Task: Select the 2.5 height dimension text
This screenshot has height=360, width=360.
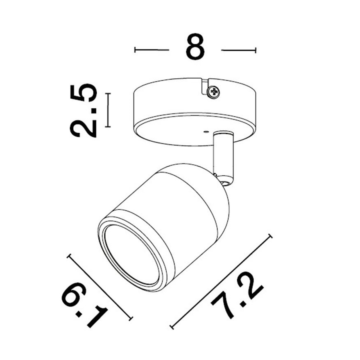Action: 84,110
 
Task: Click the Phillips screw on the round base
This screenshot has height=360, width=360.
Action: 213,92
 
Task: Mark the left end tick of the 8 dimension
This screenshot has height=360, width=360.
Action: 135,50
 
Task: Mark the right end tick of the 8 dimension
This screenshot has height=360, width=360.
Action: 256,50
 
